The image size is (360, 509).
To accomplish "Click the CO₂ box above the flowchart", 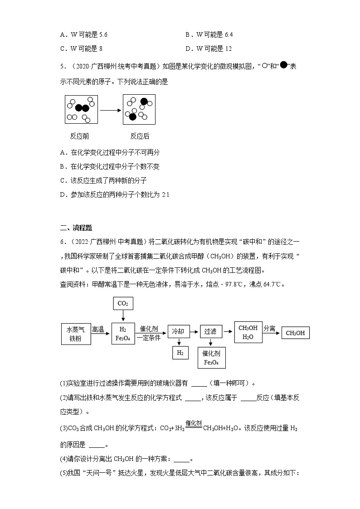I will [x=123, y=303].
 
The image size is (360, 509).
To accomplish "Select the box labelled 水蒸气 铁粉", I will [x=76, y=334].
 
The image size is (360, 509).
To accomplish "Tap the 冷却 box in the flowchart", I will [x=178, y=331].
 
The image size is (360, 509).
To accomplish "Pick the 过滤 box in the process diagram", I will [x=210, y=331].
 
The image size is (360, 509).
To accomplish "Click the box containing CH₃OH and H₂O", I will [x=248, y=332].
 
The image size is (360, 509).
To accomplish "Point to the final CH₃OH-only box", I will [x=295, y=333].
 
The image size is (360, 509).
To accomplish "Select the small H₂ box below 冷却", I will [x=180, y=352].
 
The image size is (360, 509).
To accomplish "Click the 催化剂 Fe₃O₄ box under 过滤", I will [x=211, y=358].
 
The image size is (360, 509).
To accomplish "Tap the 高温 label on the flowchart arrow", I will [x=98, y=329].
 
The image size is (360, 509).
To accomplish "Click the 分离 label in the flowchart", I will [x=269, y=328].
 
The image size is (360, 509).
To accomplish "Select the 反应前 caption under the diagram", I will [x=79, y=136].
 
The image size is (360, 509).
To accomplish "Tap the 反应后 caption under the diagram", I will [x=140, y=136].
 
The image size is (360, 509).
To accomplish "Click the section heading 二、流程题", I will [x=76, y=228].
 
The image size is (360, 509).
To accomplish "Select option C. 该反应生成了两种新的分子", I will [x=103, y=180].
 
